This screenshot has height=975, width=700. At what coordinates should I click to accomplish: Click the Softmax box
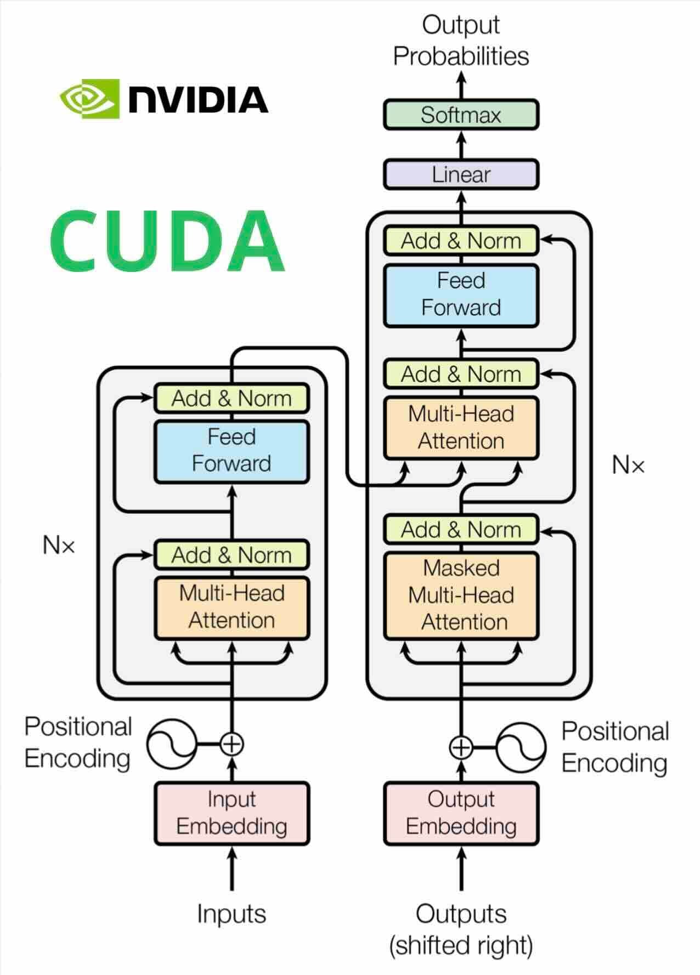[461, 115]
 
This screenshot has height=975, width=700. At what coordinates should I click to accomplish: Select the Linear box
[461, 175]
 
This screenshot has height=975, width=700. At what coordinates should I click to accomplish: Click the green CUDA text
[167, 241]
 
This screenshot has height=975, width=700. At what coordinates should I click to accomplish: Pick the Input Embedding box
[232, 813]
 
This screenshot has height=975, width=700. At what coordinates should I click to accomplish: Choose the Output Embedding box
[461, 813]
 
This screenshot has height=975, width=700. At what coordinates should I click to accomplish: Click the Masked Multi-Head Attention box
[461, 596]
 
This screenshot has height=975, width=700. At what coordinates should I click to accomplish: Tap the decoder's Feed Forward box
[461, 295]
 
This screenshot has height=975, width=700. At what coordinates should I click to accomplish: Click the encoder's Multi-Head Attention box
[232, 608]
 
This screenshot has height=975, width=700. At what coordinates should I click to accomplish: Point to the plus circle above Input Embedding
[232, 744]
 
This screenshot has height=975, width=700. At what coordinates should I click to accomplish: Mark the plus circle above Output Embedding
[461, 747]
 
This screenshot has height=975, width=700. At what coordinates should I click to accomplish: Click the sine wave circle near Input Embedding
[172, 744]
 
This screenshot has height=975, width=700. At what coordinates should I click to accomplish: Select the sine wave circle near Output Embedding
[521, 747]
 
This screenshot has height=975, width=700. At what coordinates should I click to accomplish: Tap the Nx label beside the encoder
[59, 545]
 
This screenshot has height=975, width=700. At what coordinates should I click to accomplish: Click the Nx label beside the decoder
[628, 466]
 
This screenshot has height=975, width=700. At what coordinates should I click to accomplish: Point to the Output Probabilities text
[461, 41]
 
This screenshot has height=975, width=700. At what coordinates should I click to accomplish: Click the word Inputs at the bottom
[232, 914]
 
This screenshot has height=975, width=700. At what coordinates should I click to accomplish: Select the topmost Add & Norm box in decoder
[461, 241]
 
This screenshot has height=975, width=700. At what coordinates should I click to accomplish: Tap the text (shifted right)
[461, 945]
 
